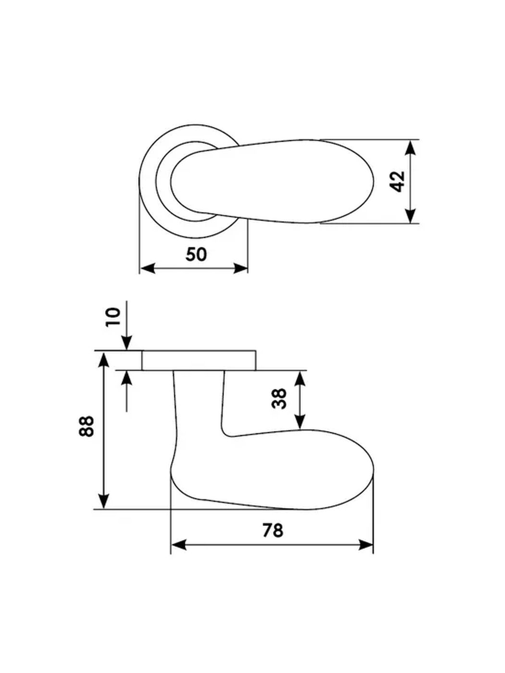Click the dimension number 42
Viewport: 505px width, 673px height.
(x=399, y=182)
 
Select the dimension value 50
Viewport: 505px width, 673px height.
(x=196, y=254)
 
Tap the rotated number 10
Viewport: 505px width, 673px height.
(x=114, y=317)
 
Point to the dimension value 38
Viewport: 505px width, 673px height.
(x=279, y=399)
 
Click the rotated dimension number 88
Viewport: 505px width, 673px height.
(x=86, y=426)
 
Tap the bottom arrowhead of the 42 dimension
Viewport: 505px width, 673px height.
(x=410, y=215)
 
